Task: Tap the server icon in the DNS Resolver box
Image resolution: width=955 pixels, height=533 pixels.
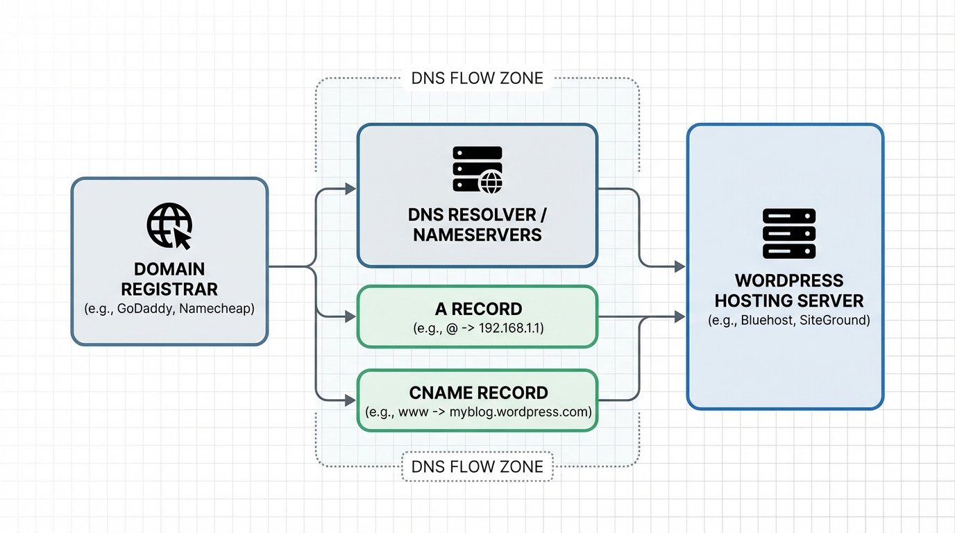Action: (477, 169)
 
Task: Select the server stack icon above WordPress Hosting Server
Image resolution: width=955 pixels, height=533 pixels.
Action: (789, 234)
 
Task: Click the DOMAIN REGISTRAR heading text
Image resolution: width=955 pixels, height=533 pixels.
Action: (169, 278)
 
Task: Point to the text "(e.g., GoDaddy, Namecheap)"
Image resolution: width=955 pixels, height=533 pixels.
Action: (169, 309)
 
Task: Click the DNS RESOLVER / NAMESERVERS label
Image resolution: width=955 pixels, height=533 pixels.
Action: (477, 224)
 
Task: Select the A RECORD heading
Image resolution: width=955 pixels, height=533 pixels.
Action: (477, 309)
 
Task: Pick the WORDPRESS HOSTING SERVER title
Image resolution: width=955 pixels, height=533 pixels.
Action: (789, 290)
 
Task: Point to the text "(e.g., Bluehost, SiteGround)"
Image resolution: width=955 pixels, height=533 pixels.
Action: (789, 321)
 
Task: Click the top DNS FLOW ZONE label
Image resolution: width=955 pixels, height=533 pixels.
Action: (477, 78)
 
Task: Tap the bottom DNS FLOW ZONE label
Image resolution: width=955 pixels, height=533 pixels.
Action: (477, 466)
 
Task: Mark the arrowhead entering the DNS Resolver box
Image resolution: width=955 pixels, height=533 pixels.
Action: (350, 189)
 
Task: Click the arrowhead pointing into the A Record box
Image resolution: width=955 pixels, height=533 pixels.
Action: (350, 317)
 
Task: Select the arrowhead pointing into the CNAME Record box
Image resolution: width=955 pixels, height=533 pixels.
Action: (350, 400)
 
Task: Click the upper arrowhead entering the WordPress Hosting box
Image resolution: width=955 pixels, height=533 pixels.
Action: (679, 266)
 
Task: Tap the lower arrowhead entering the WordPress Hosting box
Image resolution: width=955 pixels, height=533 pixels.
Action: (679, 317)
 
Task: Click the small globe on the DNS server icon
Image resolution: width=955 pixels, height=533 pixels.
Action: (491, 183)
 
